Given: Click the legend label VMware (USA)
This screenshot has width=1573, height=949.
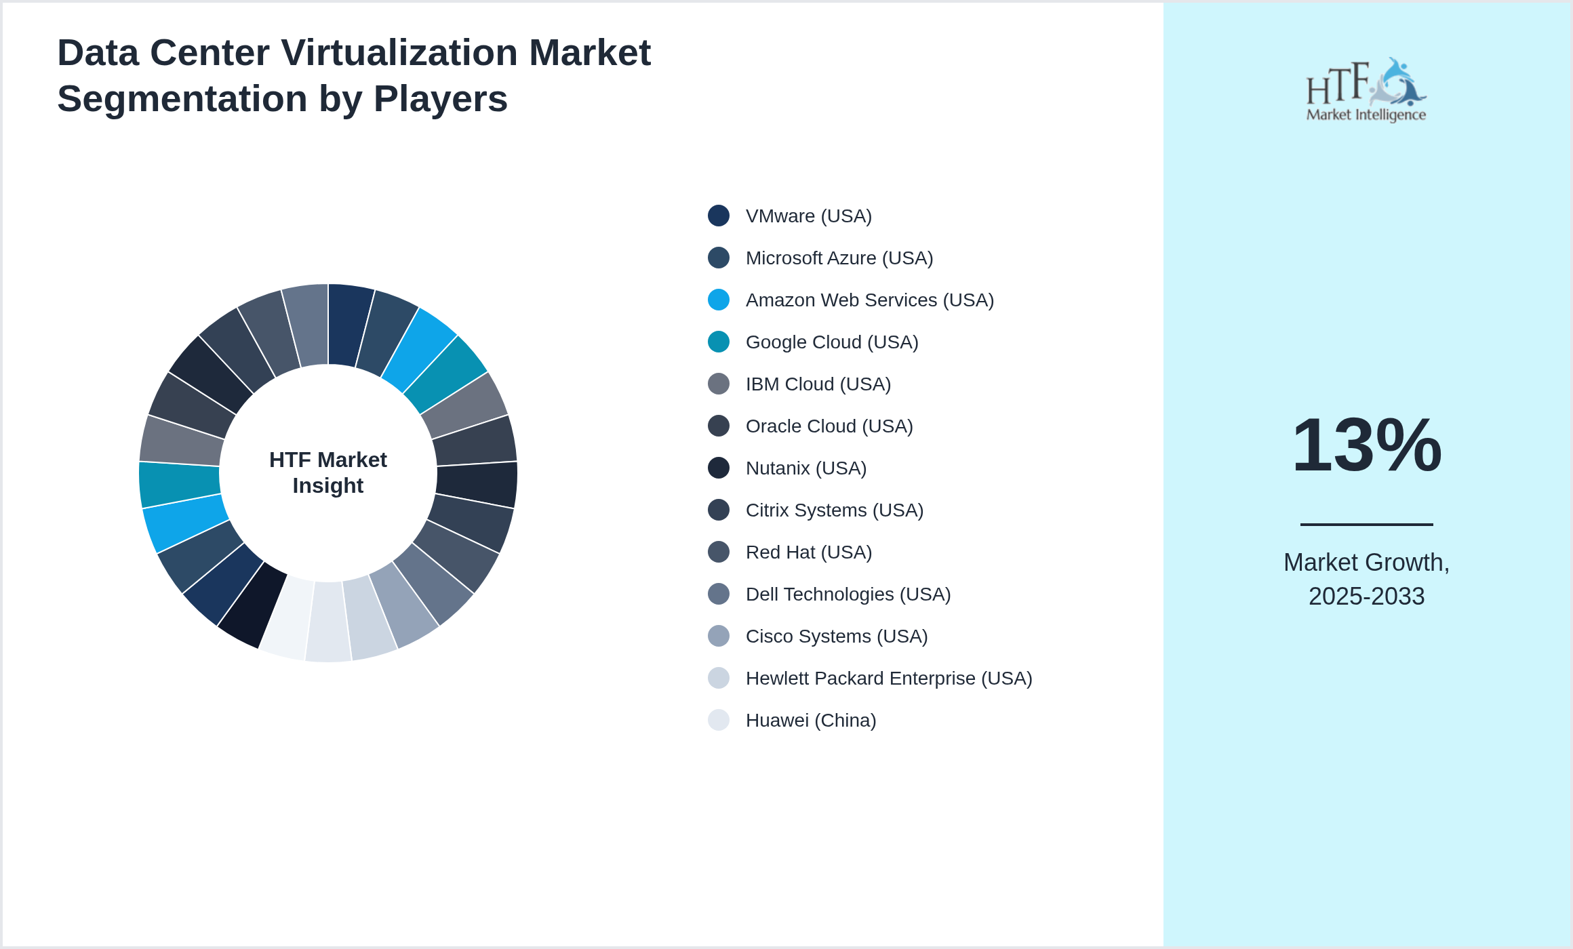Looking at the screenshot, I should pos(808,216).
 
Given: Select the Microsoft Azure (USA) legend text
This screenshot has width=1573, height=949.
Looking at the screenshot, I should pos(839,258).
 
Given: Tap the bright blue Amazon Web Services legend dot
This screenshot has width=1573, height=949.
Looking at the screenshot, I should pos(719,300).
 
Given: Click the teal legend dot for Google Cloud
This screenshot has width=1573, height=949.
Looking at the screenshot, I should pos(719,342).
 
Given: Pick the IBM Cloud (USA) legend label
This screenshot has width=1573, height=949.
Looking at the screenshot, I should pos(818,384).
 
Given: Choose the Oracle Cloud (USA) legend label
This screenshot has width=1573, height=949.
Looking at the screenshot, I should pos(829,426).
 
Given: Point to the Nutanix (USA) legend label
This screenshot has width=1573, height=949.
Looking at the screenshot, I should pos(805,468).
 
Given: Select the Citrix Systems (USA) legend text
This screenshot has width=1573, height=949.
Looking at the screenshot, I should pos(834,510).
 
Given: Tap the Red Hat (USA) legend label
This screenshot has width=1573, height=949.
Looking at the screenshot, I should pos(808,552).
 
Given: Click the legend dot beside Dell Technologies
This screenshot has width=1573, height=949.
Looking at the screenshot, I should pos(719,594).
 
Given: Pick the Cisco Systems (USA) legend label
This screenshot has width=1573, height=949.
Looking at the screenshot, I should pos(836,637).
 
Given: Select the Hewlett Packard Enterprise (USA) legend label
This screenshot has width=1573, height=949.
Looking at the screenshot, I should pos(888,679).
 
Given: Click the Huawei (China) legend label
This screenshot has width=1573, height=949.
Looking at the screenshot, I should pos(810,721).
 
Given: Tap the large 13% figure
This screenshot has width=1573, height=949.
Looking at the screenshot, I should pos(1366,446).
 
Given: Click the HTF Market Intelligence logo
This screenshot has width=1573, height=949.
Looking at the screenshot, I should pos(1366,90).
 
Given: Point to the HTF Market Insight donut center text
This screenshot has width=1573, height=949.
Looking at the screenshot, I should pos(328,472).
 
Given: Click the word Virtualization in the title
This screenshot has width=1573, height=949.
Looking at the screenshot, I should pos(399,53).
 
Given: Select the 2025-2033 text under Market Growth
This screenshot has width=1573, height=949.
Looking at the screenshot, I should pos(1366,597).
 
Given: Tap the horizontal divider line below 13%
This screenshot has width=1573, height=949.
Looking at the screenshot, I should pos(1366,524).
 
